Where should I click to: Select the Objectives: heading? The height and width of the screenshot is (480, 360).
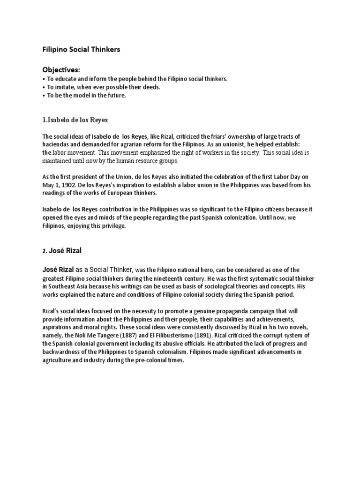pos(61,69)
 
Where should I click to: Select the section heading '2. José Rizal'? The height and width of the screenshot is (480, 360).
pos(62,251)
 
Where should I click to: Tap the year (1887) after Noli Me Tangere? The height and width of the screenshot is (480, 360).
pos(175,335)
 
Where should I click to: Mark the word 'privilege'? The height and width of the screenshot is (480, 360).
pos(112,225)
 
